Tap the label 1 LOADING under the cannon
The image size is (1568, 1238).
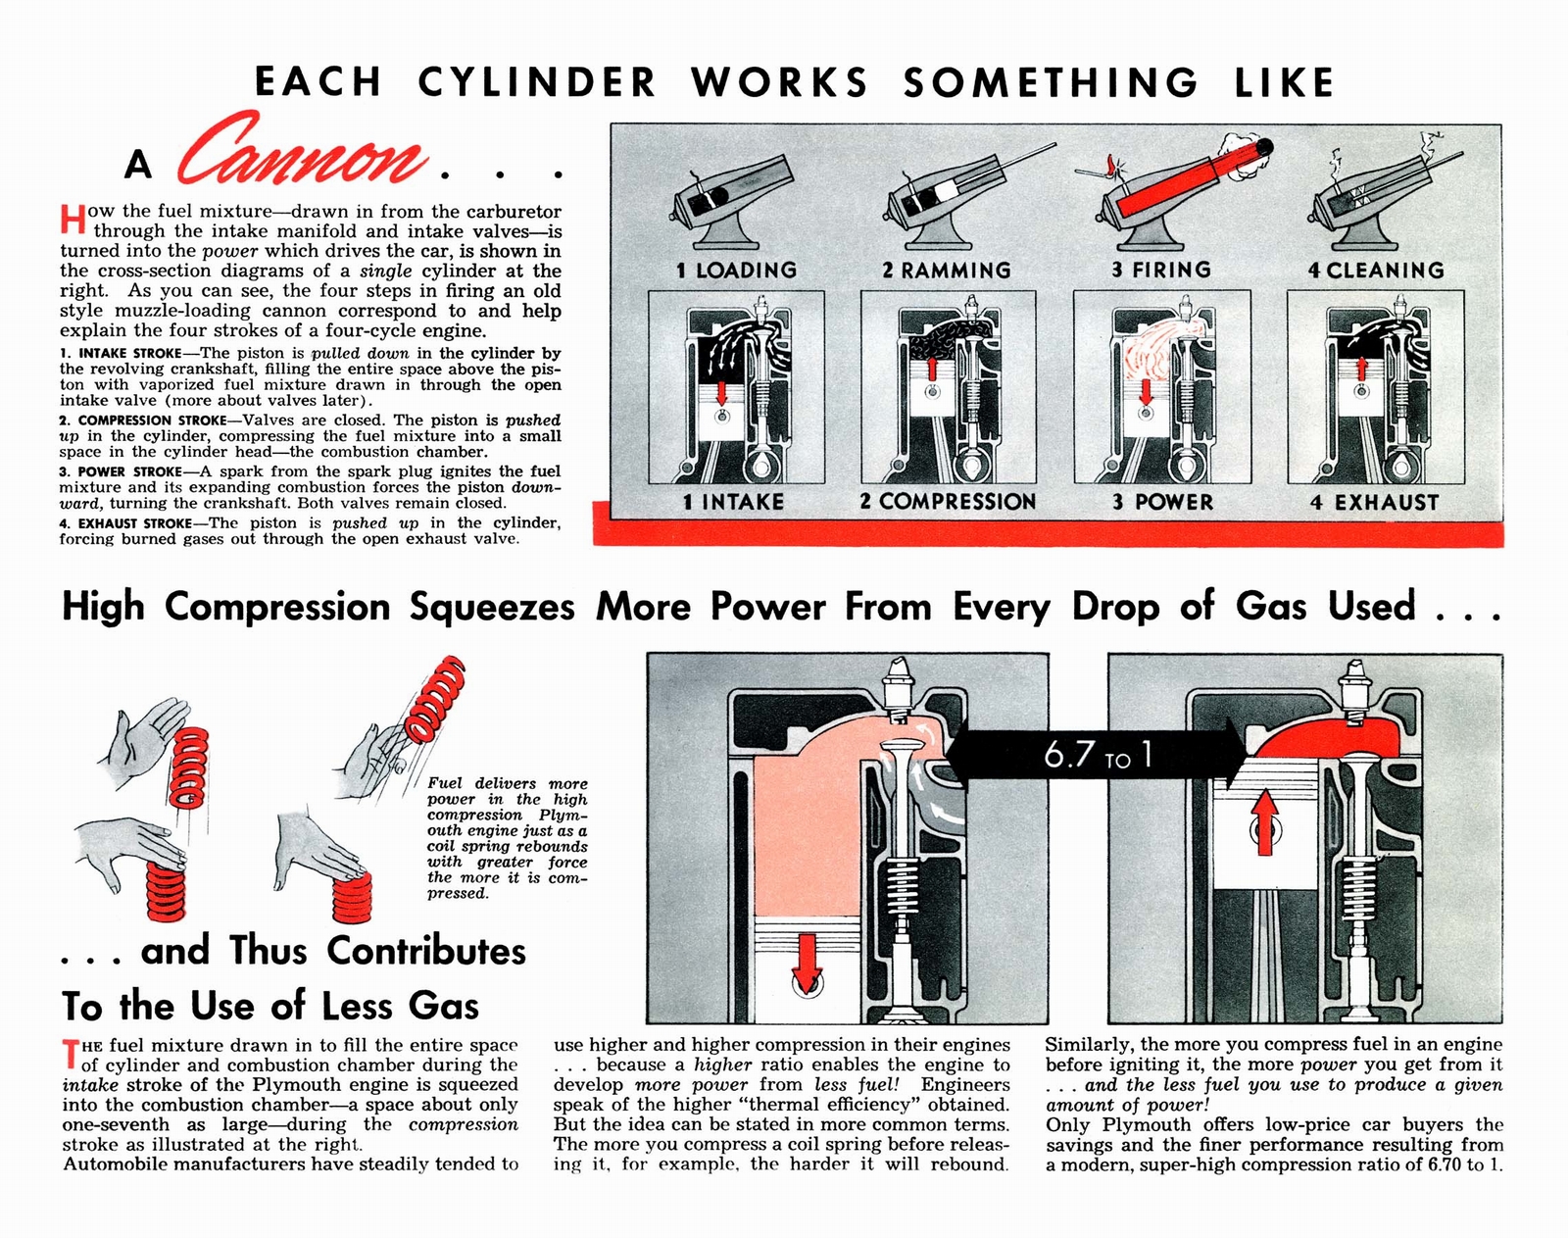coord(736,270)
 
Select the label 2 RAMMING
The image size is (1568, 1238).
coord(946,270)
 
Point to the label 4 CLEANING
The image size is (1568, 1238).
coord(1375,270)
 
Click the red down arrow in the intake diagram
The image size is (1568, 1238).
coord(721,392)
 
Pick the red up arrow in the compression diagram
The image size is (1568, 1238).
coord(933,369)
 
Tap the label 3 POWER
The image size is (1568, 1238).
coord(1162,502)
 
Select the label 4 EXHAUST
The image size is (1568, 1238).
coord(1374,502)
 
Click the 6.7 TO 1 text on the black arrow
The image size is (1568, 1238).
coord(1098,756)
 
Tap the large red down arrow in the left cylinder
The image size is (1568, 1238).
coord(806,962)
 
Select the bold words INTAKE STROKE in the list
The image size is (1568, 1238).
coord(129,353)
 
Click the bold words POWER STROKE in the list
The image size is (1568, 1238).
coord(129,471)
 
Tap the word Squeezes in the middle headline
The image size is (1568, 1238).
coord(492,607)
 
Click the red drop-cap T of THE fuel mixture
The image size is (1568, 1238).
coord(70,1055)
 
